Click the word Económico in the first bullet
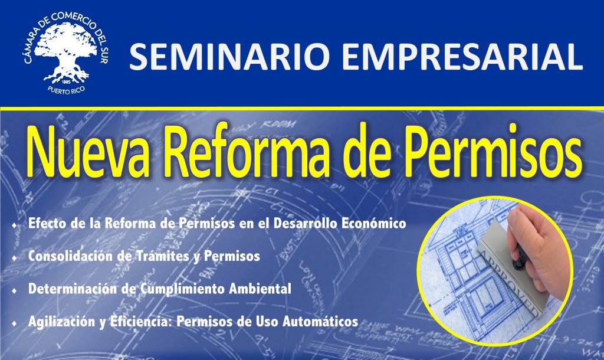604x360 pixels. pos(373,224)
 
